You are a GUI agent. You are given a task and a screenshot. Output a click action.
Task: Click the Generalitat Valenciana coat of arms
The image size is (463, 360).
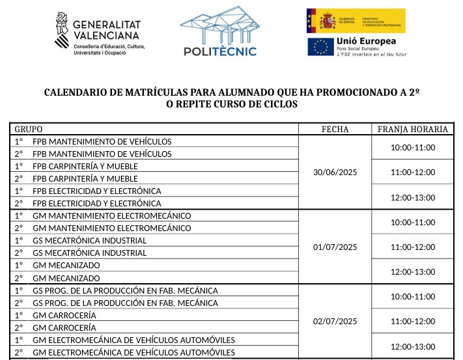[63, 29]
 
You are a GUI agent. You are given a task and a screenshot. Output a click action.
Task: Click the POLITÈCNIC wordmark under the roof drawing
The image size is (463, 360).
[219, 51]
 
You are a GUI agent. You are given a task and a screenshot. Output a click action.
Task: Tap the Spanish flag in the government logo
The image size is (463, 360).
[319, 21]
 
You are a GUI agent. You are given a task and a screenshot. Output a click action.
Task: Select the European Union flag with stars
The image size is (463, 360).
[319, 47]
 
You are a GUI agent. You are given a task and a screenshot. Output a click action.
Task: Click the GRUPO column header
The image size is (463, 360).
[29, 129]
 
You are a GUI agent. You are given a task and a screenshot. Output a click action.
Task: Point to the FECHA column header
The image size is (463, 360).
[335, 129]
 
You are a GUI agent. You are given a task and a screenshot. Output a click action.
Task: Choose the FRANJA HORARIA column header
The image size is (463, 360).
[413, 129]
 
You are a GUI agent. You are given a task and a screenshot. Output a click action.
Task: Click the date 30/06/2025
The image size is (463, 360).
[335, 173]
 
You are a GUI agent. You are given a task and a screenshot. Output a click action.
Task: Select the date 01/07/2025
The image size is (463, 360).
[335, 247]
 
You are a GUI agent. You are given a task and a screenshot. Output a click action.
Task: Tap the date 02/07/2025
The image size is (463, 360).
[335, 321]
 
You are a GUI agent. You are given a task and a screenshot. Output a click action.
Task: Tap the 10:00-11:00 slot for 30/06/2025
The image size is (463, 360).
[413, 148]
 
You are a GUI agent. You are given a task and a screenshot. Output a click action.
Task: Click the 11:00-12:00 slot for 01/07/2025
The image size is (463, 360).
[413, 247]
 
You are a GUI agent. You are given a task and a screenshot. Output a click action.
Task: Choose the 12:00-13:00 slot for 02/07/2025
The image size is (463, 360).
[413, 346]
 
